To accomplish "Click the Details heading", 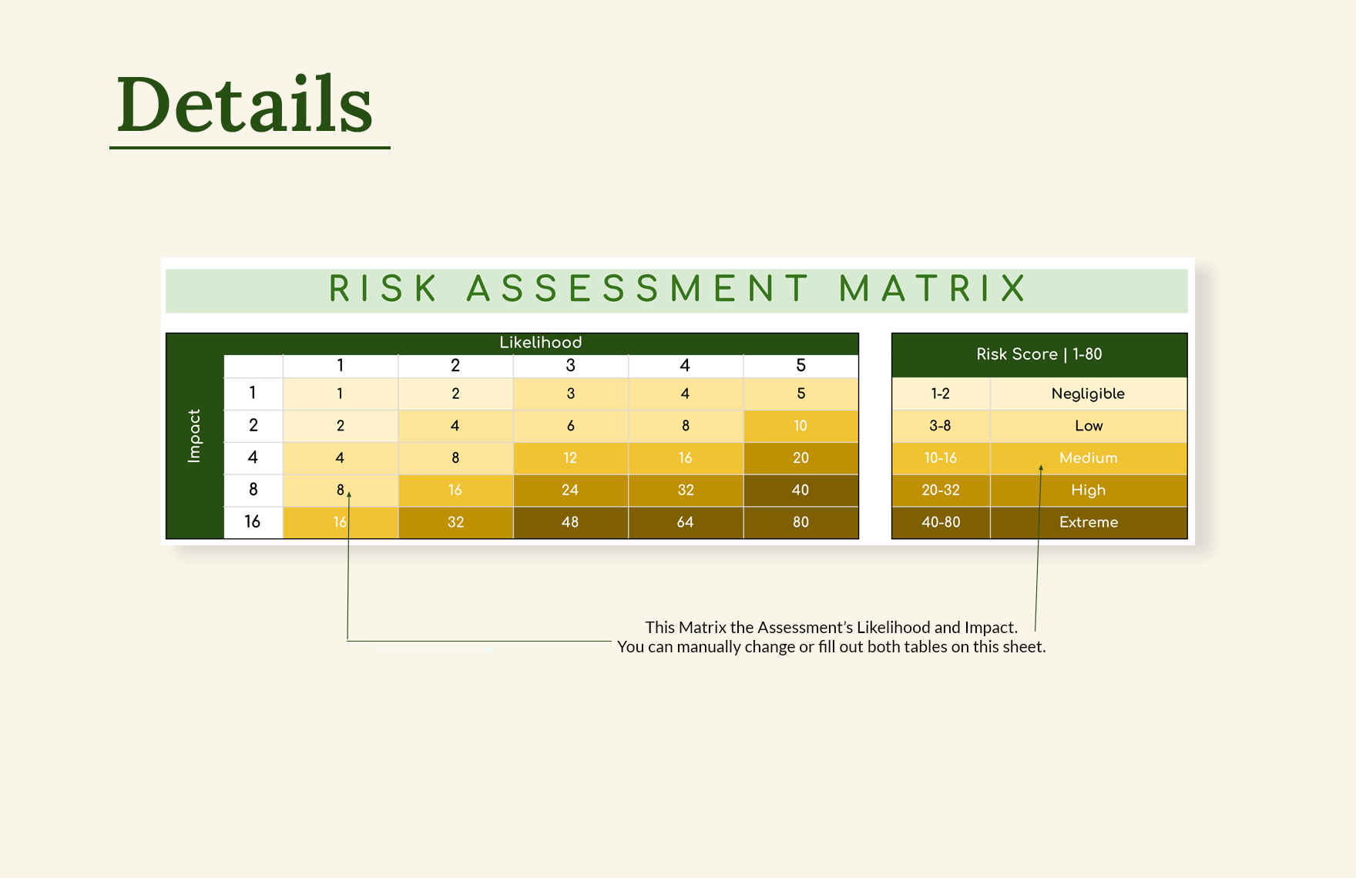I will pos(245,104).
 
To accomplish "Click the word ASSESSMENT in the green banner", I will pos(639,289).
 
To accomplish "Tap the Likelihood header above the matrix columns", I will pos(540,343).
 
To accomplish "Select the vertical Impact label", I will pos(194,436).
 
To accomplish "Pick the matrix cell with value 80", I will pos(801,522).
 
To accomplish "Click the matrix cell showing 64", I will pos(685,522).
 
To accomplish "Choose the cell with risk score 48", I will pos(570,522).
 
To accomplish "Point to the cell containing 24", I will pos(570,490).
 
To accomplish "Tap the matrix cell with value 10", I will pos(801,426).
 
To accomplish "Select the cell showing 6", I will pos(570,426).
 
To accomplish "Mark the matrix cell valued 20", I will pos(801,458).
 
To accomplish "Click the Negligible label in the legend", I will pos(1088,394).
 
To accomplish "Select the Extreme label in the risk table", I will pos(1088,522).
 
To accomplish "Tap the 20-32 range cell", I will pos(941,490).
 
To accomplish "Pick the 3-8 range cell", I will pos(941,426).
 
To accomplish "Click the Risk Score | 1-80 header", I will pos(1039,354).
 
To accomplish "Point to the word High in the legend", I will pos(1088,490).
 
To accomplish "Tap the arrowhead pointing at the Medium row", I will pos(1041,467).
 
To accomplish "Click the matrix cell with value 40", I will pos(801,490).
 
